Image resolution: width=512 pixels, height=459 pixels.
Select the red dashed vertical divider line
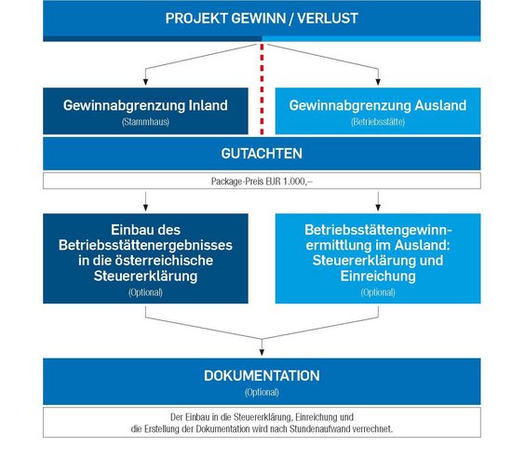[x=262, y=89]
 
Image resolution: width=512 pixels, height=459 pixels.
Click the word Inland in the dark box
[x=208, y=105]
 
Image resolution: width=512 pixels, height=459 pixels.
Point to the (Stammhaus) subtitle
[x=145, y=122]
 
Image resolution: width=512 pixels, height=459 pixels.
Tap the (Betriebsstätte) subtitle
[x=378, y=122]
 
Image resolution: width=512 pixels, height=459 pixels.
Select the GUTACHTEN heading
[x=262, y=154]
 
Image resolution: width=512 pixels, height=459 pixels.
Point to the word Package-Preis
[x=232, y=182]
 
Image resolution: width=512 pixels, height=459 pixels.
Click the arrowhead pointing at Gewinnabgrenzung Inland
[x=145, y=82]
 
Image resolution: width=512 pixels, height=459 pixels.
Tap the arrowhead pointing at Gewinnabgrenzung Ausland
[x=378, y=82]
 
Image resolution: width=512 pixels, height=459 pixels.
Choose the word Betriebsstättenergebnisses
[x=145, y=245]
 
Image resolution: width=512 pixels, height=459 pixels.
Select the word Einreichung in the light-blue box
[x=378, y=277]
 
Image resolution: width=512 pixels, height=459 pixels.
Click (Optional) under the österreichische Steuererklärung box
[x=145, y=292]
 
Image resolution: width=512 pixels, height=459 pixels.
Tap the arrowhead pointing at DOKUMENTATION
[x=262, y=352]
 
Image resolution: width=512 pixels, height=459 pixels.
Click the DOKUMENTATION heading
[x=262, y=376]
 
